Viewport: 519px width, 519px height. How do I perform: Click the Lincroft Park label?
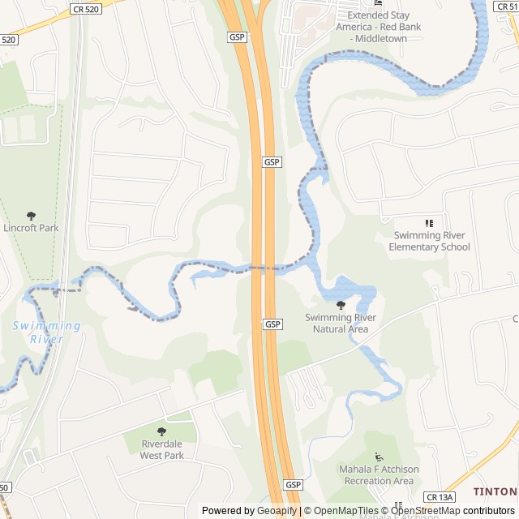[31, 228]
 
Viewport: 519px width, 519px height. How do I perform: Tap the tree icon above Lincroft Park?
[31, 216]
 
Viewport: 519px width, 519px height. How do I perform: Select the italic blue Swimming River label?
[47, 332]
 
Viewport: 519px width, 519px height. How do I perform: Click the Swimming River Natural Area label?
[341, 323]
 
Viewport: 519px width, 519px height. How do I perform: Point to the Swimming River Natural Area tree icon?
[341, 305]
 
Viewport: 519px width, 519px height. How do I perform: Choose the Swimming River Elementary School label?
[429, 241]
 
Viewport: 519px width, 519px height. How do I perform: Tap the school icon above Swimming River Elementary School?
[429, 223]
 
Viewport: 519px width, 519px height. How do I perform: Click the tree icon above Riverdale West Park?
[161, 432]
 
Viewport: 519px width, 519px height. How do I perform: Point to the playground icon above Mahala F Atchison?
[378, 457]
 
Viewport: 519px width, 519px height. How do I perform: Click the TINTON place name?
[495, 491]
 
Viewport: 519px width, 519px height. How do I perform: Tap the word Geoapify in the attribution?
[277, 511]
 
